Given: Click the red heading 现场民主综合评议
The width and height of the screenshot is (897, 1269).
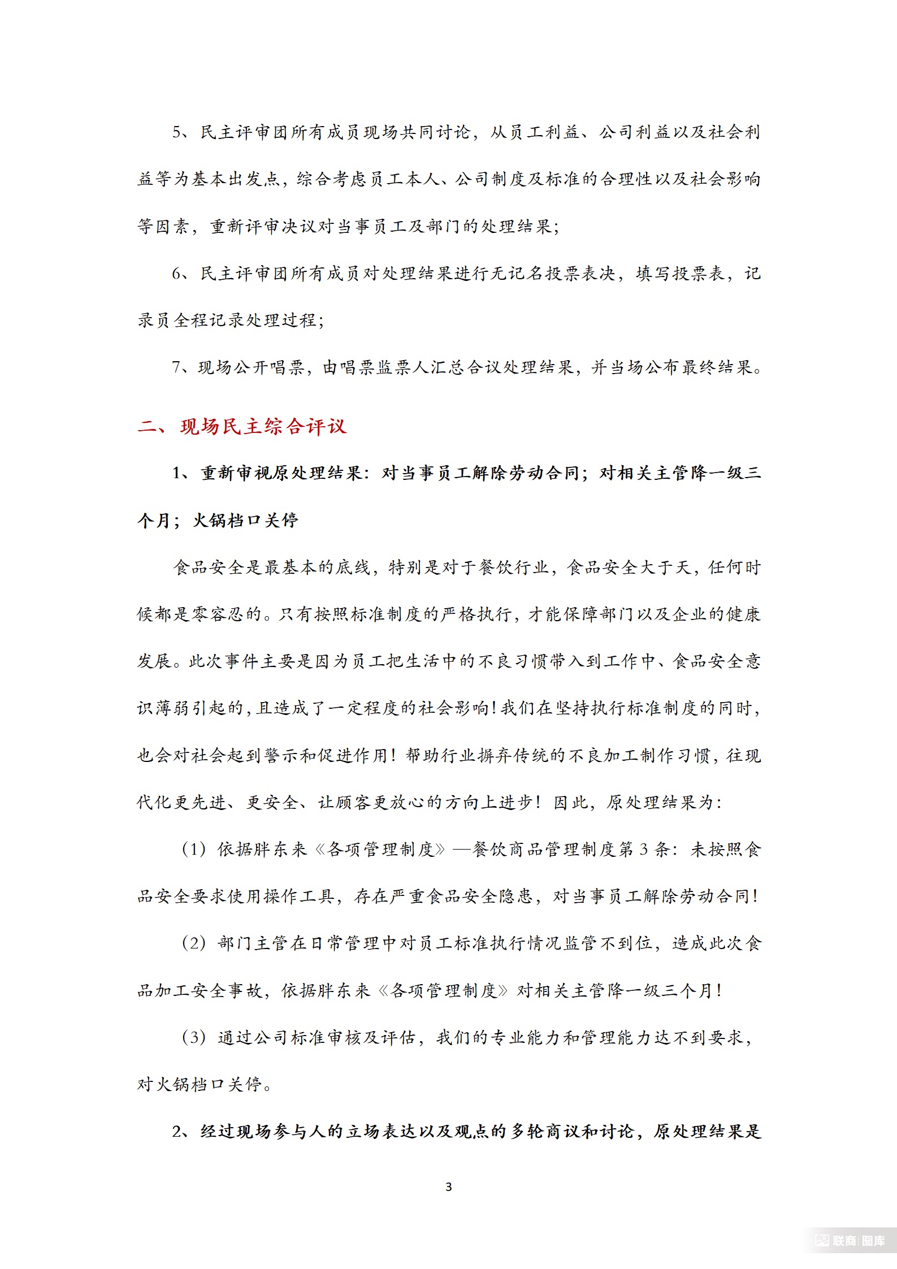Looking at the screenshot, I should pos(263,427).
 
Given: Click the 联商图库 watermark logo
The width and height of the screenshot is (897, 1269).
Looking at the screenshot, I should pos(850,1241).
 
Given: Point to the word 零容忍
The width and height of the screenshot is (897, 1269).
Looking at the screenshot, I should pos(209,614).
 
